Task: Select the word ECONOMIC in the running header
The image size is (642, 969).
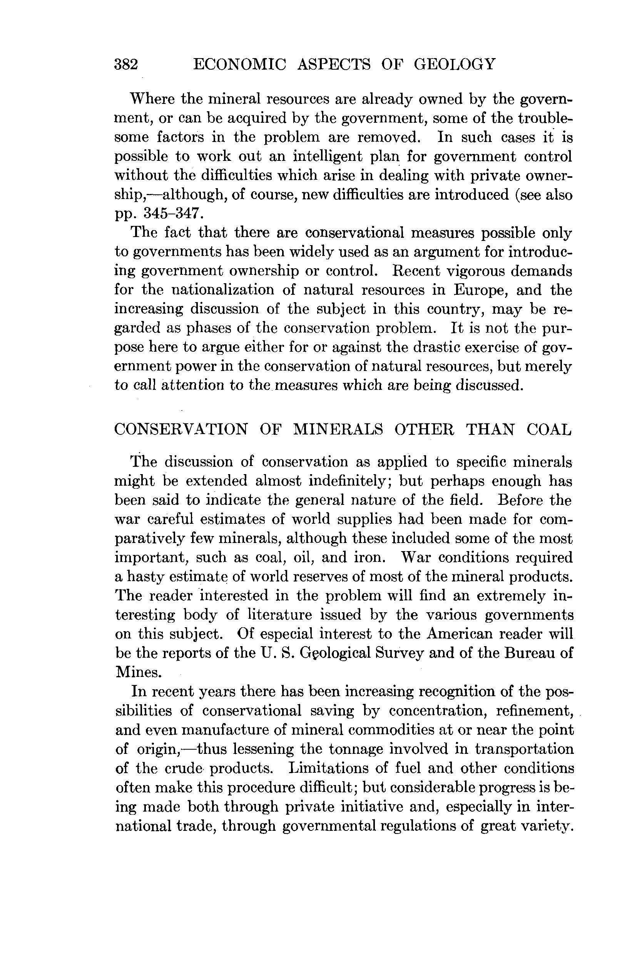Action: coord(239,65)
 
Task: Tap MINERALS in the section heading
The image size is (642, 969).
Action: coord(338,429)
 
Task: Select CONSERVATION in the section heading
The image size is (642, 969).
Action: coord(181,429)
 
